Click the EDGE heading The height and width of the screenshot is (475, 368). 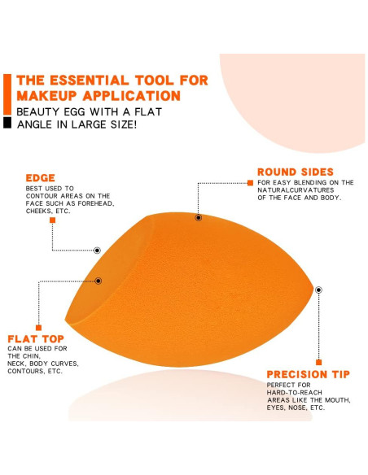40,177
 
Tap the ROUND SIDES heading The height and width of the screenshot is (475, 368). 295,172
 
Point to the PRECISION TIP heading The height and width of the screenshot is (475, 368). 308,374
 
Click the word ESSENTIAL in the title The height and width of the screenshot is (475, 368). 87,81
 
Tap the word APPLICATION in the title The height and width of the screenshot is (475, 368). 134,97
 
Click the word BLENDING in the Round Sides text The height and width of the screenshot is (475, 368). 313,183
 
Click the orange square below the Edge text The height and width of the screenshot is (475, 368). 52,220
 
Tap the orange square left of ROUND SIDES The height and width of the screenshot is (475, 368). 251,182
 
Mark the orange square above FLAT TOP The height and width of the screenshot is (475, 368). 38,324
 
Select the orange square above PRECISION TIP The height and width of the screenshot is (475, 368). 318,361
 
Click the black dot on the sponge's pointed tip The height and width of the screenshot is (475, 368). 318,289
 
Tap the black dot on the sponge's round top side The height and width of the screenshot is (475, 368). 198,217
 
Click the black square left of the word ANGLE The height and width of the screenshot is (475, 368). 7,124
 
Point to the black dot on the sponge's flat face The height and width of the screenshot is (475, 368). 98,280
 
